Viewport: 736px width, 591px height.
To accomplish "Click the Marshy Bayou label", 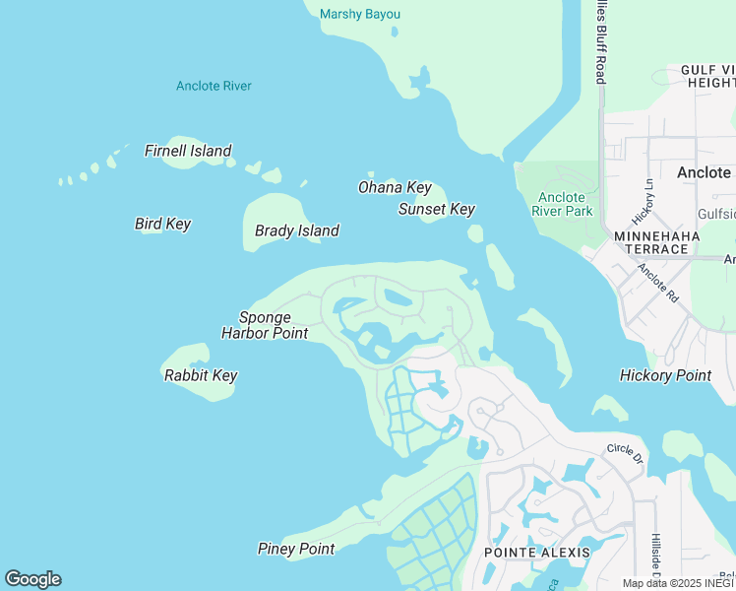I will (x=360, y=14).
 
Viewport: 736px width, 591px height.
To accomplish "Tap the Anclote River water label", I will (x=214, y=86).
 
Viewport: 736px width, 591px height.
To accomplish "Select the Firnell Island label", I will (x=188, y=151).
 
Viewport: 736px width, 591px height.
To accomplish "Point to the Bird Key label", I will (x=162, y=224).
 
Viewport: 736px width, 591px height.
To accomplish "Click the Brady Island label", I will (x=296, y=230).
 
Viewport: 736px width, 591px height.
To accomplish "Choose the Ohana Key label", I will (x=394, y=187).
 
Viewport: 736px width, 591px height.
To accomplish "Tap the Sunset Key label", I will (x=436, y=209).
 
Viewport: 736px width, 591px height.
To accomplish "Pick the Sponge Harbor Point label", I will (x=265, y=325).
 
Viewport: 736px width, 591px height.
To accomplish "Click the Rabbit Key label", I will (x=200, y=375).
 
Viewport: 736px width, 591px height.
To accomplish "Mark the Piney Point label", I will (x=296, y=549).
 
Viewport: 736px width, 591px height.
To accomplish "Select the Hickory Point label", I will (x=665, y=375).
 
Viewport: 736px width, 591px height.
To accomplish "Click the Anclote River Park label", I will (x=562, y=204).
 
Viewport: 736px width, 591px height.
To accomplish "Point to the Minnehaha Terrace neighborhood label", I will (x=656, y=242).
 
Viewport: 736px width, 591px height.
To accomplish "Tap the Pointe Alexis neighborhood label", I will (x=537, y=552).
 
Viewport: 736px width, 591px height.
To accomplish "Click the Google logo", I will (x=32, y=579).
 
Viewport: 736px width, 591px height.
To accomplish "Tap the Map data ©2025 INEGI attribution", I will (x=678, y=583).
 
